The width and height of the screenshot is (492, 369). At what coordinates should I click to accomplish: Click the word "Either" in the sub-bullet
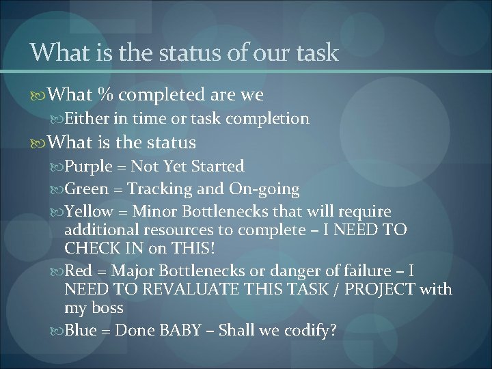point(87,119)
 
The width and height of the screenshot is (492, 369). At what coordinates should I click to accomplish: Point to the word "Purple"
point(90,166)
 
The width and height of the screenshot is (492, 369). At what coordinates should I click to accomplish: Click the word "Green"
point(89,189)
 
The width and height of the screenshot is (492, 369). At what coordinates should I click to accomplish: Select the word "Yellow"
point(91,212)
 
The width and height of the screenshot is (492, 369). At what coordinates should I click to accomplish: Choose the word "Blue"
point(83,331)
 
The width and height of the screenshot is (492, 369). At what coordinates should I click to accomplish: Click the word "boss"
point(106,308)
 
